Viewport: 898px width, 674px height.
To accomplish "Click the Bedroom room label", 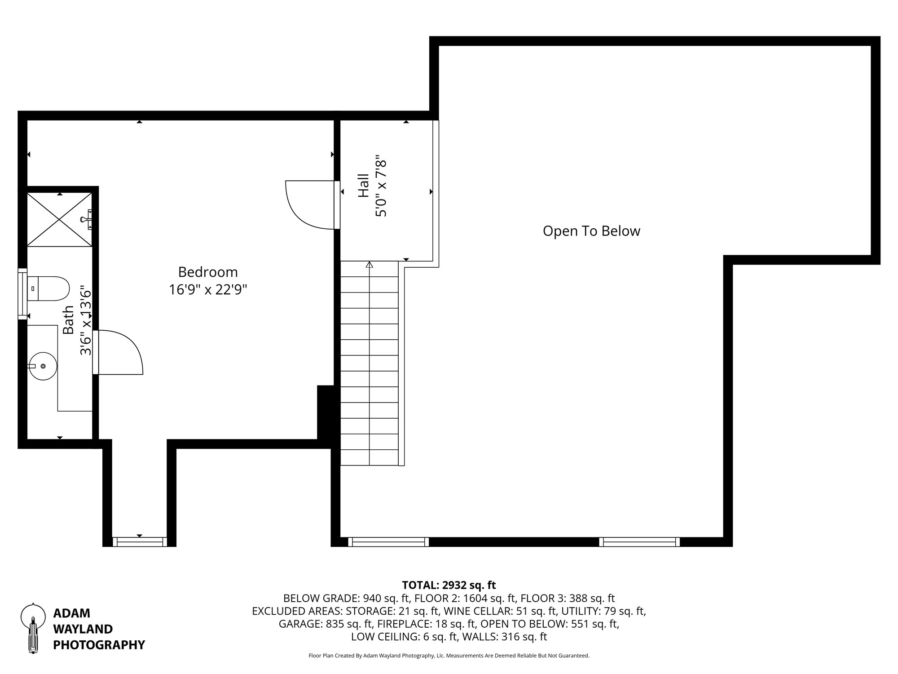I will tap(208, 272).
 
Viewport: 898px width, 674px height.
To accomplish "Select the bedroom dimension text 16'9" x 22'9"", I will tap(208, 290).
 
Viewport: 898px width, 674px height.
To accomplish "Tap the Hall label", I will tap(363, 186).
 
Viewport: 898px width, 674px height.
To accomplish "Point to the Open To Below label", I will tap(591, 231).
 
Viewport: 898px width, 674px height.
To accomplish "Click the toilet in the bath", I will tap(48, 288).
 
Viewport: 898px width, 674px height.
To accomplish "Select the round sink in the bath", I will tap(43, 366).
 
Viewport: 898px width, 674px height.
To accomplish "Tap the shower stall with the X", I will tap(59, 220).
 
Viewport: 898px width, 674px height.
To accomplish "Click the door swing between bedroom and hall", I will tap(310, 204).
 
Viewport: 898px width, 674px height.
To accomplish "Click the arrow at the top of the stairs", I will tap(370, 265).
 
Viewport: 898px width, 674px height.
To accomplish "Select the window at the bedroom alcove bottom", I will tap(140, 542).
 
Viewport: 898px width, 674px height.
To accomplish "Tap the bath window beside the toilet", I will tap(22, 294).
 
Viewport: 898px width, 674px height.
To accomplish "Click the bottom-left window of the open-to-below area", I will tap(388, 542).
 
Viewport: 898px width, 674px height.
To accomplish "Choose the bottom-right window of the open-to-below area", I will tap(639, 542).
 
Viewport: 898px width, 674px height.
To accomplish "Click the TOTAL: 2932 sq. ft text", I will tap(449, 585).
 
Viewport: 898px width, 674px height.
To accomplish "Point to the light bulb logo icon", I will tap(33, 628).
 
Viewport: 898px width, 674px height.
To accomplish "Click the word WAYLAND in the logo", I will tap(83, 629).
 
